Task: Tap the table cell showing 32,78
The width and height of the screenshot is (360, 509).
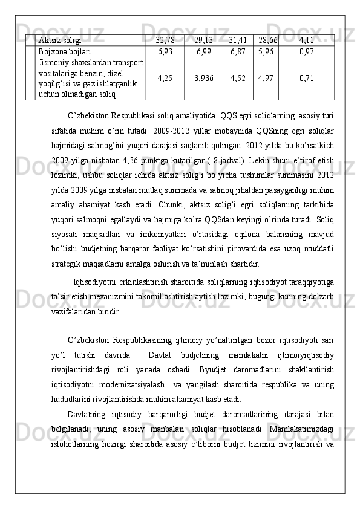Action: tap(165, 41)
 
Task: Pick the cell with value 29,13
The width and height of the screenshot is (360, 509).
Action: tap(203, 41)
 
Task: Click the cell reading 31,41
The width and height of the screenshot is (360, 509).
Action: tap(238, 41)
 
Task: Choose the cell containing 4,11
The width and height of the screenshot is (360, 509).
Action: tap(306, 41)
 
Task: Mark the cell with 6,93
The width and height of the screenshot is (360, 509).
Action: tap(165, 52)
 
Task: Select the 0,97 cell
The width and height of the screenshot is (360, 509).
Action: tap(306, 52)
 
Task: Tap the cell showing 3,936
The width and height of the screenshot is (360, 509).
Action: tap(203, 78)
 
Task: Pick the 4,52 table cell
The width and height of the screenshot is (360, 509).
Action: tap(238, 78)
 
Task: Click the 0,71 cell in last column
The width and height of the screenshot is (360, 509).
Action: tap(306, 78)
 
